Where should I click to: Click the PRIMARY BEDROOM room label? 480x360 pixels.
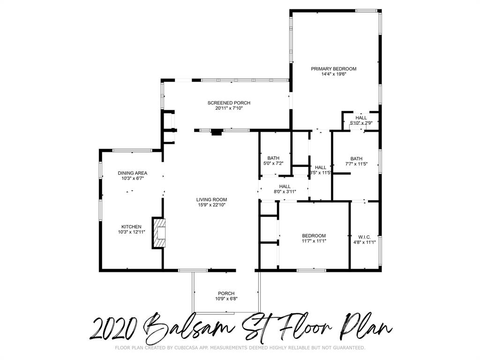(333, 69)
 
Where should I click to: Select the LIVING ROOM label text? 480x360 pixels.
(211, 199)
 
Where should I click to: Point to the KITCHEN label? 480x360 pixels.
(131, 227)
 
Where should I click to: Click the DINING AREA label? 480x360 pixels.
(132, 173)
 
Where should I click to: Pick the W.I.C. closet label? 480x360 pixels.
(364, 236)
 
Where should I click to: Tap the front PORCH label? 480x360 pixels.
(226, 293)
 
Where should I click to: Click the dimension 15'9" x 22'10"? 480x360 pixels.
(211, 205)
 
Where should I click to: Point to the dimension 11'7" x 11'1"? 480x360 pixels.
(314, 241)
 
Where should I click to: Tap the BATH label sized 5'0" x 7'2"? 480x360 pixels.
(273, 158)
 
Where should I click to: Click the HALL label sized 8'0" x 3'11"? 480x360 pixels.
(285, 186)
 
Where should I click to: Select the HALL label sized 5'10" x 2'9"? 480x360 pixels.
(361, 118)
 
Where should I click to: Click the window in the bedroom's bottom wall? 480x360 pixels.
(312, 270)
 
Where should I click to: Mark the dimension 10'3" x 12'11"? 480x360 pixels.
(131, 232)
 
